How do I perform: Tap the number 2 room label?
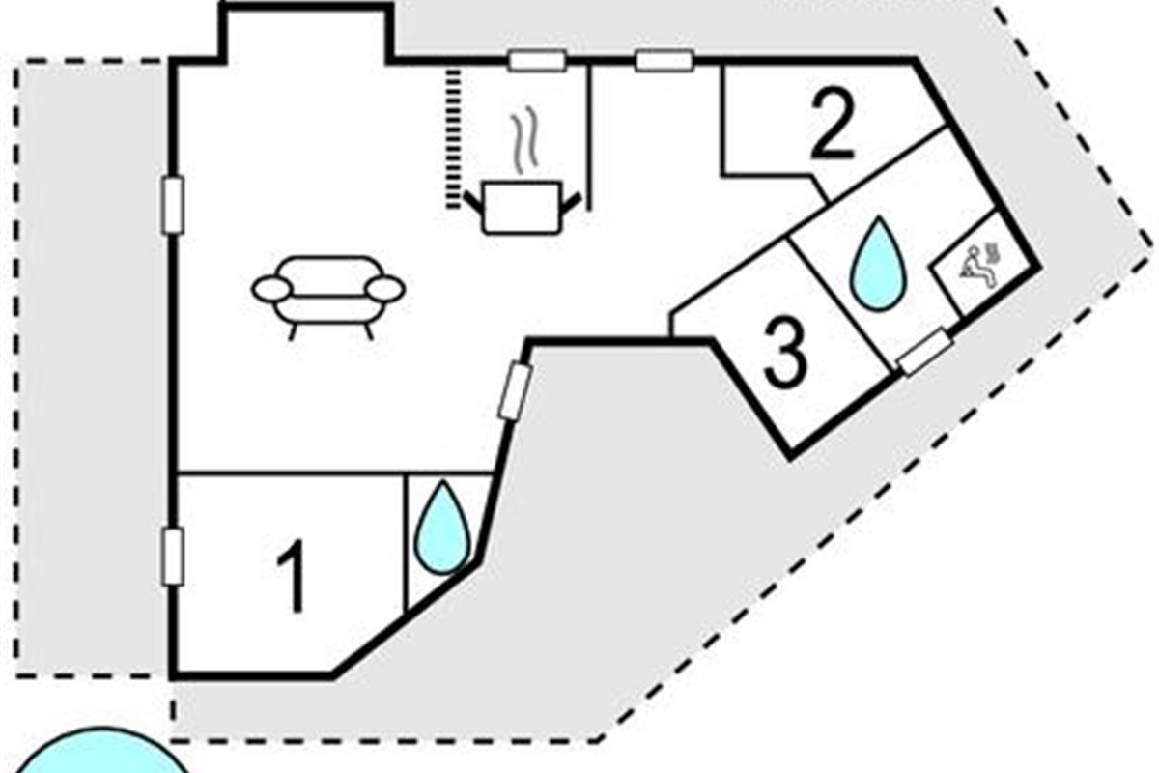point(833,126)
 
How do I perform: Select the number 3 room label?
point(784,353)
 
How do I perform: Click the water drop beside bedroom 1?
point(443,528)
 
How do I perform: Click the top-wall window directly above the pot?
point(537,61)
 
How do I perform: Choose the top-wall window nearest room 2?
point(664,61)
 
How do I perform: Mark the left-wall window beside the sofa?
point(173,205)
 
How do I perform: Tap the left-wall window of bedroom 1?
point(173,556)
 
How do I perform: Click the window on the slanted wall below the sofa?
point(514,390)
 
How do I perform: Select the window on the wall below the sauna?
point(924,351)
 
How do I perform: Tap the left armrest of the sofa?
point(271,287)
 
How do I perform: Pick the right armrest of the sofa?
point(385,288)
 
